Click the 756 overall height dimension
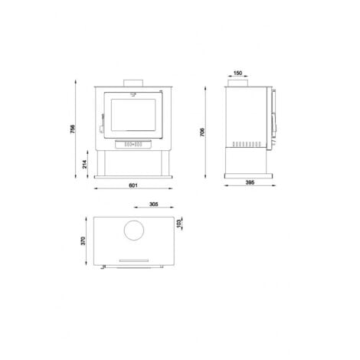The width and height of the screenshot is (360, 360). [x=73, y=129]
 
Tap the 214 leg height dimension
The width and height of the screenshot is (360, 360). [x=85, y=164]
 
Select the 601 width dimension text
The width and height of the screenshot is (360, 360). [x=133, y=185]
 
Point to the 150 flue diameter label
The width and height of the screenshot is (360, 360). [x=237, y=73]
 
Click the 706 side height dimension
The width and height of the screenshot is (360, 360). [x=202, y=132]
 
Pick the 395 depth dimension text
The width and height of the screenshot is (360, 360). [x=250, y=182]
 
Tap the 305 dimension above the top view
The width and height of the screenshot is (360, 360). [x=154, y=205]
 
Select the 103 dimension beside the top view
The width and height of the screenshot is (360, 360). [x=178, y=224]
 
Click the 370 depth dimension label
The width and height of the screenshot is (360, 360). [x=83, y=241]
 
